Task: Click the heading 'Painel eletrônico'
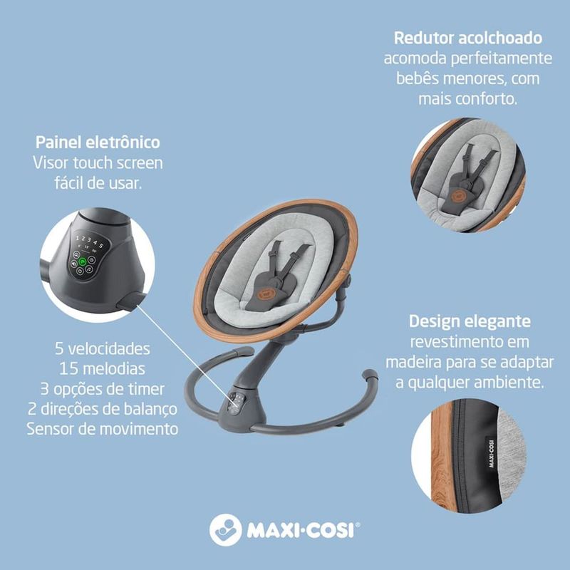[x=98, y=142]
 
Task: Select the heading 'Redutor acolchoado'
[x=468, y=38]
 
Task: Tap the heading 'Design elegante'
[x=469, y=321]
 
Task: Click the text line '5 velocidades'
[x=103, y=350]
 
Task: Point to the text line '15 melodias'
[x=103, y=370]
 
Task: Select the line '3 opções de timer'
[x=103, y=389]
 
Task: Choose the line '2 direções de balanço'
[x=103, y=409]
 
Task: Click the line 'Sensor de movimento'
[x=103, y=429]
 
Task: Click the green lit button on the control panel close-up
[x=83, y=261]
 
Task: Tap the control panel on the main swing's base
[x=237, y=403]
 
